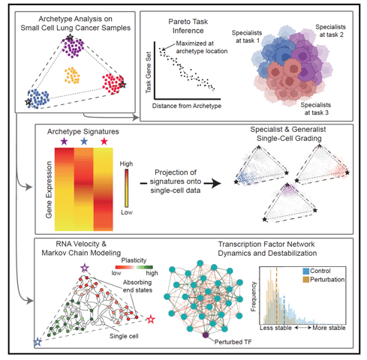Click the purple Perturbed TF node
pyautogui.click(x=206, y=335)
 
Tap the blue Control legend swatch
pyautogui.click(x=306, y=271)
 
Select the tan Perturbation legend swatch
pyautogui.click(x=306, y=280)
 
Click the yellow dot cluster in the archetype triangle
pyautogui.click(x=72, y=75)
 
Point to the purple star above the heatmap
pyautogui.click(x=65, y=141)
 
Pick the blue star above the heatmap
pyautogui.click(x=84, y=141)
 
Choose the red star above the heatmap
pyautogui.click(x=104, y=141)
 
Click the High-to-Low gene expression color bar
pyautogui.click(x=127, y=188)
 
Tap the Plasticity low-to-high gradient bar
pyautogui.click(x=134, y=267)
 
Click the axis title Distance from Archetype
pyautogui.click(x=187, y=106)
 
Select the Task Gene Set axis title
pyautogui.click(x=149, y=73)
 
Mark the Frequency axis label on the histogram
pyautogui.click(x=254, y=296)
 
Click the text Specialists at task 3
pyautogui.click(x=316, y=109)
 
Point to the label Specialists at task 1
pyautogui.click(x=247, y=37)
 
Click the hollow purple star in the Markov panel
pyautogui.click(x=85, y=268)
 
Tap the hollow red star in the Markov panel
pyautogui.click(x=151, y=319)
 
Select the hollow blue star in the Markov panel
pyautogui.click(x=38, y=342)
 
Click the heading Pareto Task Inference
pyautogui.click(x=188, y=26)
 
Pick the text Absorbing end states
pyautogui.click(x=137, y=286)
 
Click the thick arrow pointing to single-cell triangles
pyautogui.click(x=212, y=183)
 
